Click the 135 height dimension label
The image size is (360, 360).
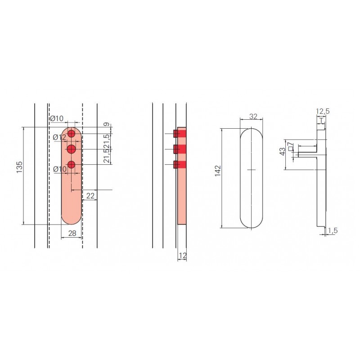pyautogui.click(x=19, y=167)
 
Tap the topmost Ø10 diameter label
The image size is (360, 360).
pyautogui.click(x=57, y=118)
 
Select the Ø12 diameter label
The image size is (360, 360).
pyautogui.click(x=59, y=138)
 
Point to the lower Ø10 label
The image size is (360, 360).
pyautogui.click(x=60, y=169)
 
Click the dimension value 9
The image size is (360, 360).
pyautogui.click(x=106, y=125)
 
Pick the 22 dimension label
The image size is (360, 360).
pyautogui.click(x=90, y=196)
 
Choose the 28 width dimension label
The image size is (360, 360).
pyautogui.click(x=72, y=233)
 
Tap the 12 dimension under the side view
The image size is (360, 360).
pyautogui.click(x=183, y=255)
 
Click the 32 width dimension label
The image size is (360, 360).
pyautogui.click(x=253, y=117)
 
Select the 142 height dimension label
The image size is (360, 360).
pyautogui.click(x=218, y=171)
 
